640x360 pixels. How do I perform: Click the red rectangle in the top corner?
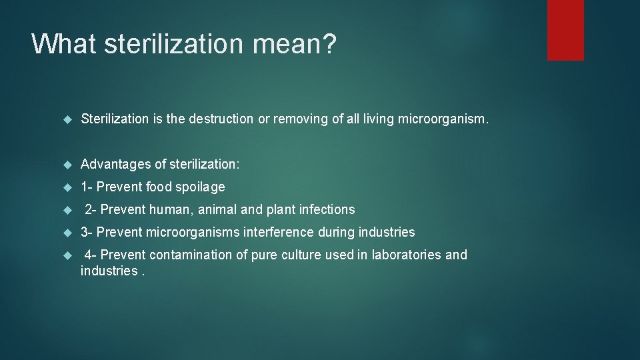click(565, 30)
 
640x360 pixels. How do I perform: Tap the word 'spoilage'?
click(200, 187)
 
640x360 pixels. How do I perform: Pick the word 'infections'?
click(327, 209)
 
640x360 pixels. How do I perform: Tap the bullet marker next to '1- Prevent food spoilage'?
click(66, 187)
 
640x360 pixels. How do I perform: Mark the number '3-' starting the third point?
click(87, 232)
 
